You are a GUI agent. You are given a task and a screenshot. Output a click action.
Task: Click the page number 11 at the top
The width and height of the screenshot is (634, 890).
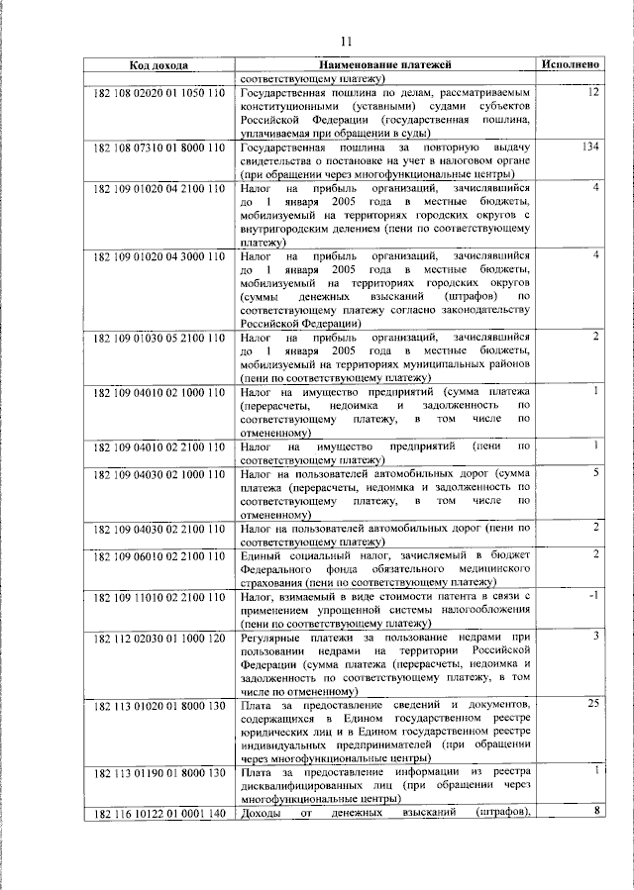click(346, 42)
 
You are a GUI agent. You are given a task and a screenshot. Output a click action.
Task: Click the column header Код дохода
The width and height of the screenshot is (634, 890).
click(158, 65)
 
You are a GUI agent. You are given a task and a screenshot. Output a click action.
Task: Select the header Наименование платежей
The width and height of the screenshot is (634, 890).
click(384, 65)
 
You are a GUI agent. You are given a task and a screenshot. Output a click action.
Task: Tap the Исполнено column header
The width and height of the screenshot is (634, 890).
click(571, 65)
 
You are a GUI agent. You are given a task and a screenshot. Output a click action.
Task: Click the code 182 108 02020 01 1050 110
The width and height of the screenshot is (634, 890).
click(159, 92)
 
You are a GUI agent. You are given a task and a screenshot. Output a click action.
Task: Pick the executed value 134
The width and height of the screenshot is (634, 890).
click(592, 147)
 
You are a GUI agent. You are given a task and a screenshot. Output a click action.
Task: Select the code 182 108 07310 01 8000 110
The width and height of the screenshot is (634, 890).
click(159, 147)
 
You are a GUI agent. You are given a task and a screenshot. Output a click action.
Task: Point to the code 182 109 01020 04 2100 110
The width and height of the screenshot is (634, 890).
click(159, 188)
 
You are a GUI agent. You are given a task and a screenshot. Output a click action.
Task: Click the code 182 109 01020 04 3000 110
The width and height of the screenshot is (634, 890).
click(159, 256)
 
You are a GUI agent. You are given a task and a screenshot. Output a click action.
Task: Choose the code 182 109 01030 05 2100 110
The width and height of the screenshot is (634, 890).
click(159, 338)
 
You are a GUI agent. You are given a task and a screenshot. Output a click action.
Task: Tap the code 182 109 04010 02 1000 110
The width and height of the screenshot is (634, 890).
click(159, 392)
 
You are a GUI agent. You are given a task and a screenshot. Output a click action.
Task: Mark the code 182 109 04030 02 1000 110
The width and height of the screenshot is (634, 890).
click(159, 473)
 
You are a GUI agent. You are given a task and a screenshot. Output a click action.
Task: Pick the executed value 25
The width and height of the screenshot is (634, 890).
click(594, 704)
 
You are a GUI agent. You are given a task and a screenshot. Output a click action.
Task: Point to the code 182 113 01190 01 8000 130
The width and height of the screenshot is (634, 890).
click(159, 772)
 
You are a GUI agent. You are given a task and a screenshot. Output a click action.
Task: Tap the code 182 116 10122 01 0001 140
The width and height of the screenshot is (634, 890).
click(159, 814)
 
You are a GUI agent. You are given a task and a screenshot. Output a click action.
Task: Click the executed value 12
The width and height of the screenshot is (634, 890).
click(593, 91)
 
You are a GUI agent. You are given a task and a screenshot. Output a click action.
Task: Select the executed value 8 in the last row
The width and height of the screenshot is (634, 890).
click(597, 812)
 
